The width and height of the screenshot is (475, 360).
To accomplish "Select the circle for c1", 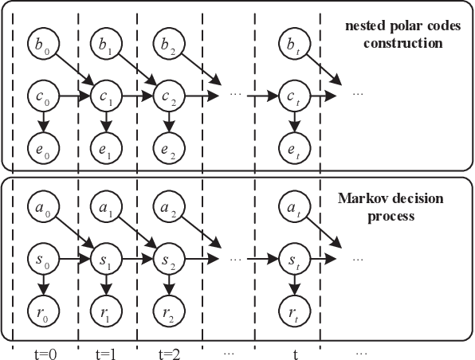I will pyautogui.click(x=104, y=97).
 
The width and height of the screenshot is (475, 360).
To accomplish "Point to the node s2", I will pyautogui.click(x=168, y=260).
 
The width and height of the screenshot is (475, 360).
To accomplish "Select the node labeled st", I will pyautogui.click(x=296, y=260).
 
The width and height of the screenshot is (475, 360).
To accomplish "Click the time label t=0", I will pyautogui.click(x=41, y=350).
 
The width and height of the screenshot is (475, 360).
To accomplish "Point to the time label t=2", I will pyautogui.click(x=168, y=350).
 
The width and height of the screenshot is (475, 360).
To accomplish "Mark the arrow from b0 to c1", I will pyautogui.click(x=73, y=70).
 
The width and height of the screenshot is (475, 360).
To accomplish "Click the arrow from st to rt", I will pyautogui.click(x=296, y=286).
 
